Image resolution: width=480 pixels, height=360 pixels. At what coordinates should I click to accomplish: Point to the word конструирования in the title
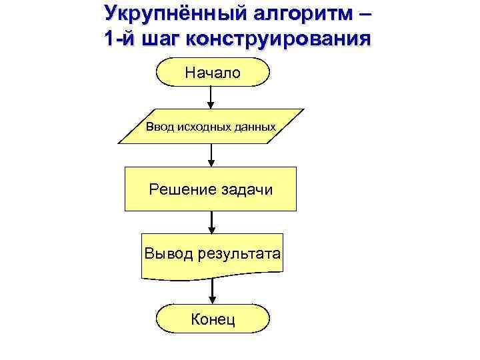pyautogui.click(x=279, y=38)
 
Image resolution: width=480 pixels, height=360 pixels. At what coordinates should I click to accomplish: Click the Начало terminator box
pyautogui.click(x=212, y=72)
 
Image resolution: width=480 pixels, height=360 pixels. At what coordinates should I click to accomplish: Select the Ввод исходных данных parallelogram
pyautogui.click(x=211, y=127)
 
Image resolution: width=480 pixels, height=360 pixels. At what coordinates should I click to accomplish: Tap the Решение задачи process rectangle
pyautogui.click(x=211, y=189)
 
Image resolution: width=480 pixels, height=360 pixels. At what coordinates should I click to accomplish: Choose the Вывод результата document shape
pyautogui.click(x=211, y=254)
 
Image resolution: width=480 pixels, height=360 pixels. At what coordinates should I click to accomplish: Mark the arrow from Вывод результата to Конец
pyautogui.click(x=212, y=291)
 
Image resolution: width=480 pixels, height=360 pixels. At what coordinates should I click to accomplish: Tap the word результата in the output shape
pyautogui.click(x=239, y=254)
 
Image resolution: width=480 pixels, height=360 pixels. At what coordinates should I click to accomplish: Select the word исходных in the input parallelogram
pyautogui.click(x=200, y=127)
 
